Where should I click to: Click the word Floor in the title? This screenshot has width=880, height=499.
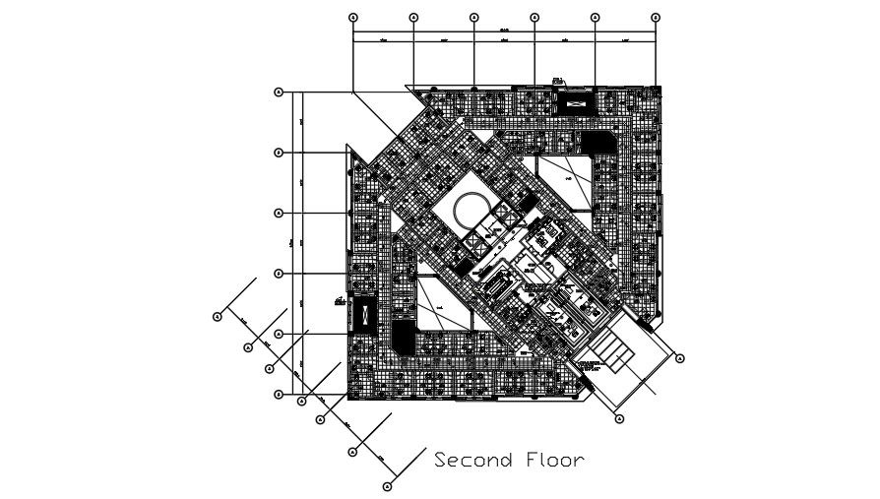coord(553,460)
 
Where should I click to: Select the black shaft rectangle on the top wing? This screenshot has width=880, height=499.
coord(576,99)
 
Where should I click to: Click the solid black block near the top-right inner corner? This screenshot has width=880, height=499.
coord(596,142)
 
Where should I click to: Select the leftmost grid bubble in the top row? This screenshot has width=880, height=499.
coord(353,18)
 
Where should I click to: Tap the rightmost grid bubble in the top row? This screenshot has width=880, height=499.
coord(656,18)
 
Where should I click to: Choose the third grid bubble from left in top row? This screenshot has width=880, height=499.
coord(473,18)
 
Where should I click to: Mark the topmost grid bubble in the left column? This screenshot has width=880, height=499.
coord(279,93)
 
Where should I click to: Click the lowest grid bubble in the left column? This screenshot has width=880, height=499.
coord(279,395)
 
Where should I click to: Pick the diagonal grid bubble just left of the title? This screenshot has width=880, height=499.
coord(388,485)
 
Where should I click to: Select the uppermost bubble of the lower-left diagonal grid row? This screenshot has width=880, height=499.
coord(217,316)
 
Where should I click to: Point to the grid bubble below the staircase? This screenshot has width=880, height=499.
coord(619,419)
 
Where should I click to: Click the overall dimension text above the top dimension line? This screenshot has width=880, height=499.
coord(504,30)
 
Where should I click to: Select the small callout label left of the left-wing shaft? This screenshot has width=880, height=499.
coord(339,298)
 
